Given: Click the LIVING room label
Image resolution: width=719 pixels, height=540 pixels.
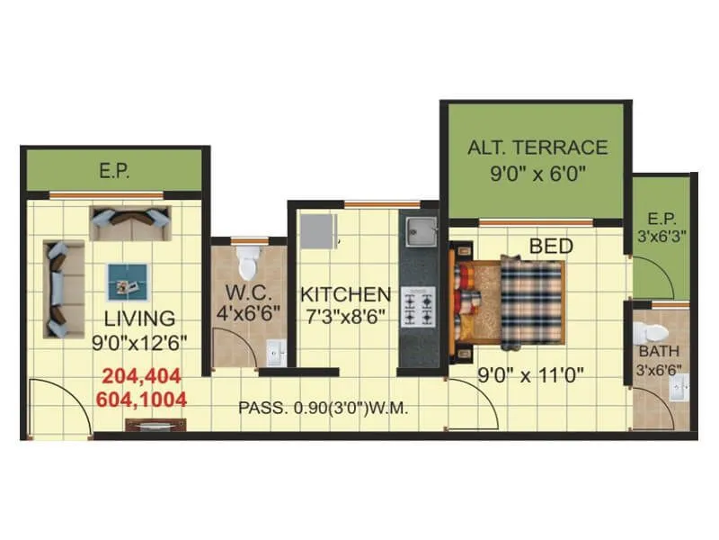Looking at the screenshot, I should [138, 318].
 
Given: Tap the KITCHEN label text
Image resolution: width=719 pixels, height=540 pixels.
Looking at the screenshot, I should [345, 294].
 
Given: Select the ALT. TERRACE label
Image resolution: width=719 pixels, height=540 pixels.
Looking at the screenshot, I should [537, 147].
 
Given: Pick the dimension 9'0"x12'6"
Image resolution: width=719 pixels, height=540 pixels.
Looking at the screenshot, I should [138, 342].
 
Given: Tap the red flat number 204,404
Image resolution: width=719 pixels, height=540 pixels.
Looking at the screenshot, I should [141, 376].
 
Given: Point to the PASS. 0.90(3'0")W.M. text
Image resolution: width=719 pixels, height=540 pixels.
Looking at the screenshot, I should [324, 408].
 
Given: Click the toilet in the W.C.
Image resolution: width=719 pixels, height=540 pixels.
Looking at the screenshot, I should [248, 265].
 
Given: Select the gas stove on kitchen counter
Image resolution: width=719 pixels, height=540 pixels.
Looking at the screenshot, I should [420, 306].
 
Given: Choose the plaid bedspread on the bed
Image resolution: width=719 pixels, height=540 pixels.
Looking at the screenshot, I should [531, 302].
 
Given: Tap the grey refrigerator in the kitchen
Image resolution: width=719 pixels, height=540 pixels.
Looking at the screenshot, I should [317, 231].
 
